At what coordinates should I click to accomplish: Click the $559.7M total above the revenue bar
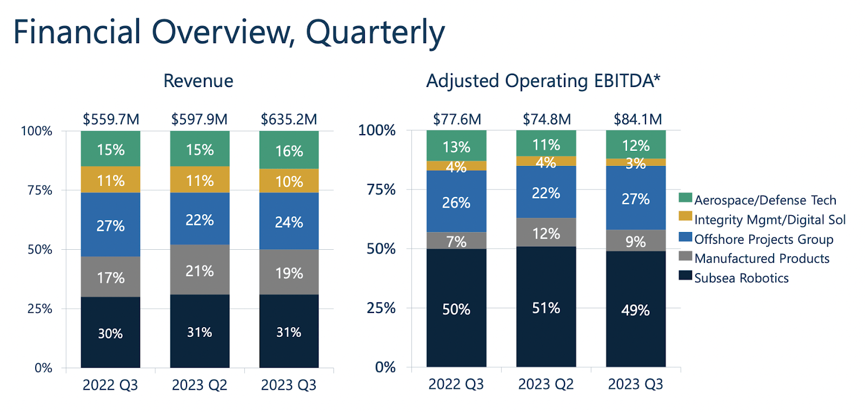click(111, 119)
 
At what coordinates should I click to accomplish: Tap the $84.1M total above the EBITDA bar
click(637, 119)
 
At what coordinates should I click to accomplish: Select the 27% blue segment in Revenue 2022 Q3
click(110, 225)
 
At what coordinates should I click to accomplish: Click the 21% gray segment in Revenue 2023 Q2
click(199, 270)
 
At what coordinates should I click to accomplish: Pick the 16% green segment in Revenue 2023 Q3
click(289, 150)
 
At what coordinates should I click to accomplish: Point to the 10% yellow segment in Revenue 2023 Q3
click(289, 181)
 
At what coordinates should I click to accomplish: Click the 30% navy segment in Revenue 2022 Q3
click(110, 333)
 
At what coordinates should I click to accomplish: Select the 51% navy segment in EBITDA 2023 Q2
click(546, 308)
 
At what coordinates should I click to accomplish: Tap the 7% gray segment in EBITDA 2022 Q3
click(456, 241)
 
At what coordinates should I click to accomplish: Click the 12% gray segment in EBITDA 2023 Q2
click(546, 233)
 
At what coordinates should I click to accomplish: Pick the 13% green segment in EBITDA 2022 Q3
click(456, 147)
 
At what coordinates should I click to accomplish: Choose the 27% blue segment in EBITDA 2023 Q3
click(635, 198)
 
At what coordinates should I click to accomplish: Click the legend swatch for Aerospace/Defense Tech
click(685, 198)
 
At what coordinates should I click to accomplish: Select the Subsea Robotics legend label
click(741, 278)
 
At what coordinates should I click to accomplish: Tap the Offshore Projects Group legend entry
click(763, 239)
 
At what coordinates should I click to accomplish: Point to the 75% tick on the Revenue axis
click(39, 190)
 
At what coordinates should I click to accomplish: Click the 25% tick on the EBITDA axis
click(381, 308)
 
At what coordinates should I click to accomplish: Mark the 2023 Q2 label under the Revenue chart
click(199, 385)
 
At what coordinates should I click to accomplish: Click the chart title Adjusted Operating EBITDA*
click(543, 81)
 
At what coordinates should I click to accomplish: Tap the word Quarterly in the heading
click(375, 32)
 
